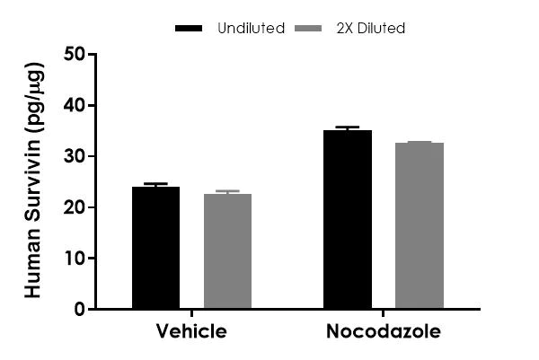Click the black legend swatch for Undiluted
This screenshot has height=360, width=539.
coord(190,29)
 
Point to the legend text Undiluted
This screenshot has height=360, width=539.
coord(251,29)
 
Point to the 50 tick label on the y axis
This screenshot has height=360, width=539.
coord(75,55)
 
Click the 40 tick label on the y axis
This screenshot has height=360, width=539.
coord(75,106)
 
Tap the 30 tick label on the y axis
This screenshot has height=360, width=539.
coord(75,156)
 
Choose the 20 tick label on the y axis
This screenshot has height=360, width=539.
coord(75,207)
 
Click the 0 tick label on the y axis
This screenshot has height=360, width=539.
coord(81,310)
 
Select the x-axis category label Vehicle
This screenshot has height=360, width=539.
coord(191,332)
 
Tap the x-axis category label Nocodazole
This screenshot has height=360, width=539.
coord(384,332)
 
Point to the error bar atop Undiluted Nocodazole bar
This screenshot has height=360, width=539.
coord(348,127)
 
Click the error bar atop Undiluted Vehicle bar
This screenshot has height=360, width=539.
coord(155,184)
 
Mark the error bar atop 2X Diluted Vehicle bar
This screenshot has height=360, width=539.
coord(227,191)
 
